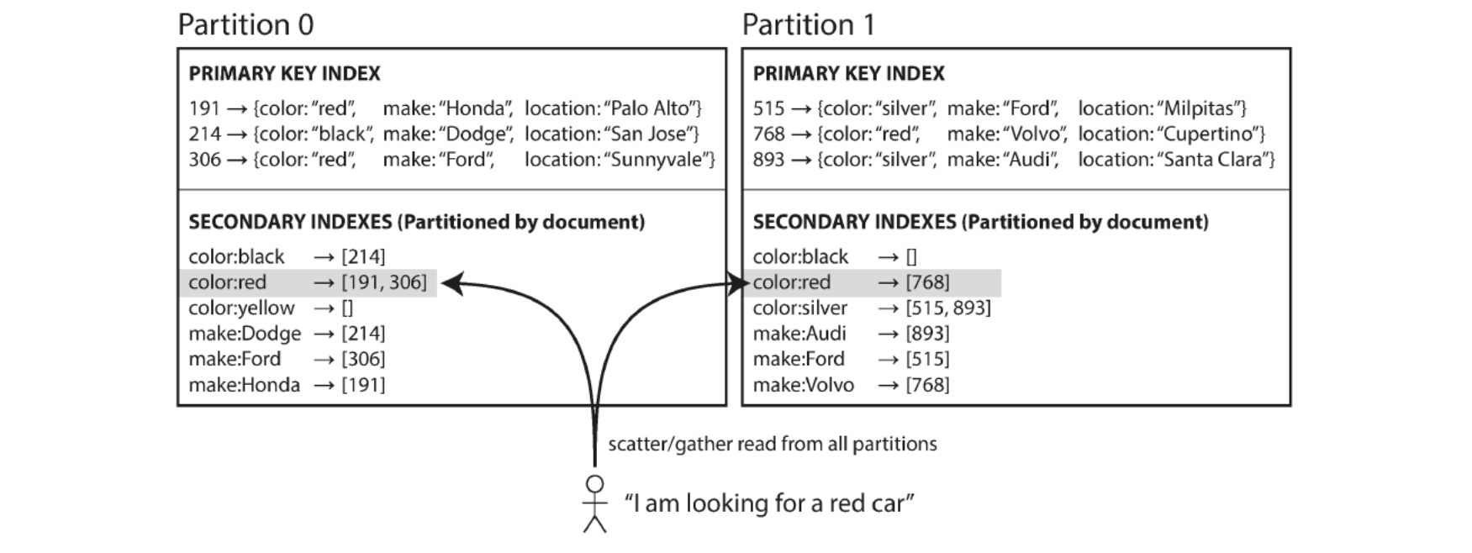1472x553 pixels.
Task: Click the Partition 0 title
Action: click(x=245, y=24)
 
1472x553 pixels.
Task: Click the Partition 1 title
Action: click(x=808, y=24)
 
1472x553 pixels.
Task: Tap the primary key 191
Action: click(x=204, y=108)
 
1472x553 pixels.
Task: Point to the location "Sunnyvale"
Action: click(x=658, y=160)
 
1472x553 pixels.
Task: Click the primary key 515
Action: click(x=768, y=108)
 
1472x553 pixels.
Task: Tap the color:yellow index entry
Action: click(x=271, y=308)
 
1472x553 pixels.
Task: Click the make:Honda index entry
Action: click(x=287, y=385)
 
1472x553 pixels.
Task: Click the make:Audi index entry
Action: click(x=851, y=334)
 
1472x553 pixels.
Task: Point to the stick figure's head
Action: click(x=595, y=484)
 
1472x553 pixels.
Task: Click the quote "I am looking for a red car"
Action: click(x=769, y=503)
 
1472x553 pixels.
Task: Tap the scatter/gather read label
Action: click(x=773, y=444)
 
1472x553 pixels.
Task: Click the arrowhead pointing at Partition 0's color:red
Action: click(x=452, y=283)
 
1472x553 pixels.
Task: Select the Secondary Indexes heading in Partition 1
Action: click(x=980, y=222)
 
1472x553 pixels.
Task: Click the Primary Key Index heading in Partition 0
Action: click(x=284, y=74)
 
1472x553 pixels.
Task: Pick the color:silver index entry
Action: click(x=872, y=308)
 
